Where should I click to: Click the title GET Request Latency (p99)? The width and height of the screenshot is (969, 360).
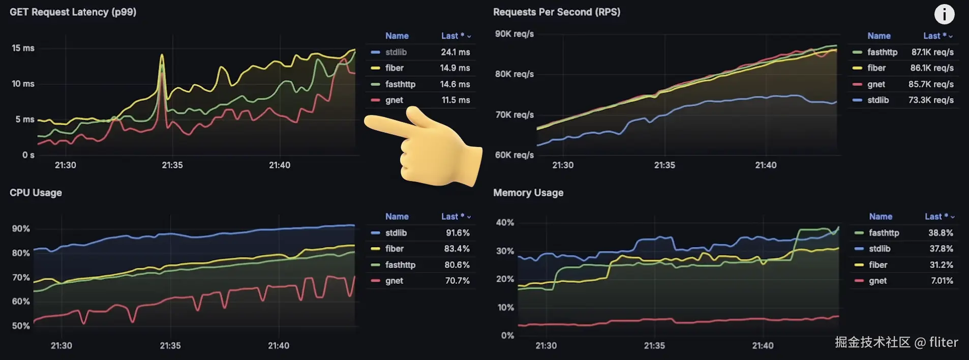(73, 12)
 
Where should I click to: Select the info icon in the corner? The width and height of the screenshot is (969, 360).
(944, 14)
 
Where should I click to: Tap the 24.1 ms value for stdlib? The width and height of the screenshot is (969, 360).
(455, 52)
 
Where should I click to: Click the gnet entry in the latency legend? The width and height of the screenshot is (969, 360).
(394, 100)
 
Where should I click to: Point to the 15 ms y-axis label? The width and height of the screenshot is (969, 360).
(23, 48)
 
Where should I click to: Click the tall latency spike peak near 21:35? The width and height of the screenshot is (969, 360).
(162, 55)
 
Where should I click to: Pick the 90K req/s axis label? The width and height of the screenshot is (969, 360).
(514, 34)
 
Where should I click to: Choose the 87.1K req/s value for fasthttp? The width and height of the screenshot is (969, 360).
(932, 52)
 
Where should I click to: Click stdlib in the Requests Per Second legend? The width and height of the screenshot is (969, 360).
(878, 100)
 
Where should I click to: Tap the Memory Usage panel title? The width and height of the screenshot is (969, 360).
(528, 193)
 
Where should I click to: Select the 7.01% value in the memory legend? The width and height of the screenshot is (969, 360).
(942, 281)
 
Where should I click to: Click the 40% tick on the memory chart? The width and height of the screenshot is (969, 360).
(505, 223)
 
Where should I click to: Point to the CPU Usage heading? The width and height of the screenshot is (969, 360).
(36, 193)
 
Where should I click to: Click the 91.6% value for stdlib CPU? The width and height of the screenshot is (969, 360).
(458, 233)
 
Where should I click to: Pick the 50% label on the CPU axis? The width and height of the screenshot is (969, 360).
(21, 326)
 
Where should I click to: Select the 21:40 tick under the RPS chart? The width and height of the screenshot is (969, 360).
(765, 165)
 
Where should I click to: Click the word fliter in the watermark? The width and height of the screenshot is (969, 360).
(943, 342)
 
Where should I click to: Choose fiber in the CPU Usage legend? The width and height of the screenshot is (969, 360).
(394, 249)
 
